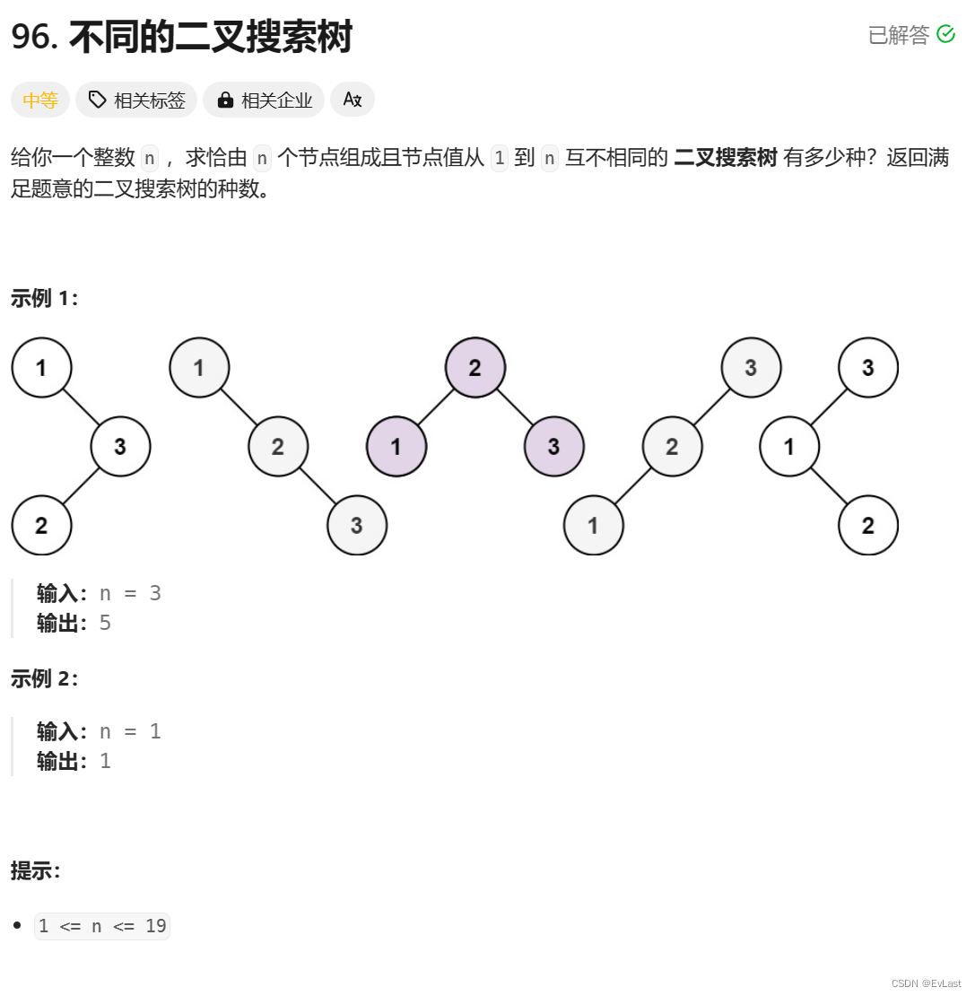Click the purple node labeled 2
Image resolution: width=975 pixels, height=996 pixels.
[x=475, y=368]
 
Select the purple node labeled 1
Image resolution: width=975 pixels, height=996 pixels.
[x=396, y=447]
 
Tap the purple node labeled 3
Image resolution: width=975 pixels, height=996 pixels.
[x=553, y=447]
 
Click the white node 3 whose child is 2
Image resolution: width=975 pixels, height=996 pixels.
[x=120, y=447]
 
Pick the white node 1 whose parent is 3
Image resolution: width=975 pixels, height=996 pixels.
[x=789, y=447]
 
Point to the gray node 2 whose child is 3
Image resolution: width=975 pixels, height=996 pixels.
[x=278, y=447]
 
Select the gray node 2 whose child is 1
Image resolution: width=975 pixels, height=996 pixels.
[x=672, y=447]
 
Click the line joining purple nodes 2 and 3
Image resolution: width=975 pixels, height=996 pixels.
[x=515, y=407]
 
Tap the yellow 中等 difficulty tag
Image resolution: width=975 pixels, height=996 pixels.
[x=40, y=100]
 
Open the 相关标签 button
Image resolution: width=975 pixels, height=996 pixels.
[x=136, y=100]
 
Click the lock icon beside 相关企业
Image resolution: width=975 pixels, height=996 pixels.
[x=225, y=100]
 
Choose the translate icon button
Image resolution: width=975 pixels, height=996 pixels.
[x=352, y=100]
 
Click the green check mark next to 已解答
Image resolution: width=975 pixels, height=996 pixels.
[x=945, y=34]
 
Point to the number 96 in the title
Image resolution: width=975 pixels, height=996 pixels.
[x=32, y=38]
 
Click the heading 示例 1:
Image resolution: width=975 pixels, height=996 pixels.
[x=45, y=299]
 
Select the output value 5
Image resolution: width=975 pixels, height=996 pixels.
[x=105, y=623]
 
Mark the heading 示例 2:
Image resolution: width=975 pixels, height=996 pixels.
[x=45, y=679]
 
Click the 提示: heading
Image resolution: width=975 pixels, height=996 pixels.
[x=35, y=870]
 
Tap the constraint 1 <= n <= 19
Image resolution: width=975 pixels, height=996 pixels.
[x=102, y=926]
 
